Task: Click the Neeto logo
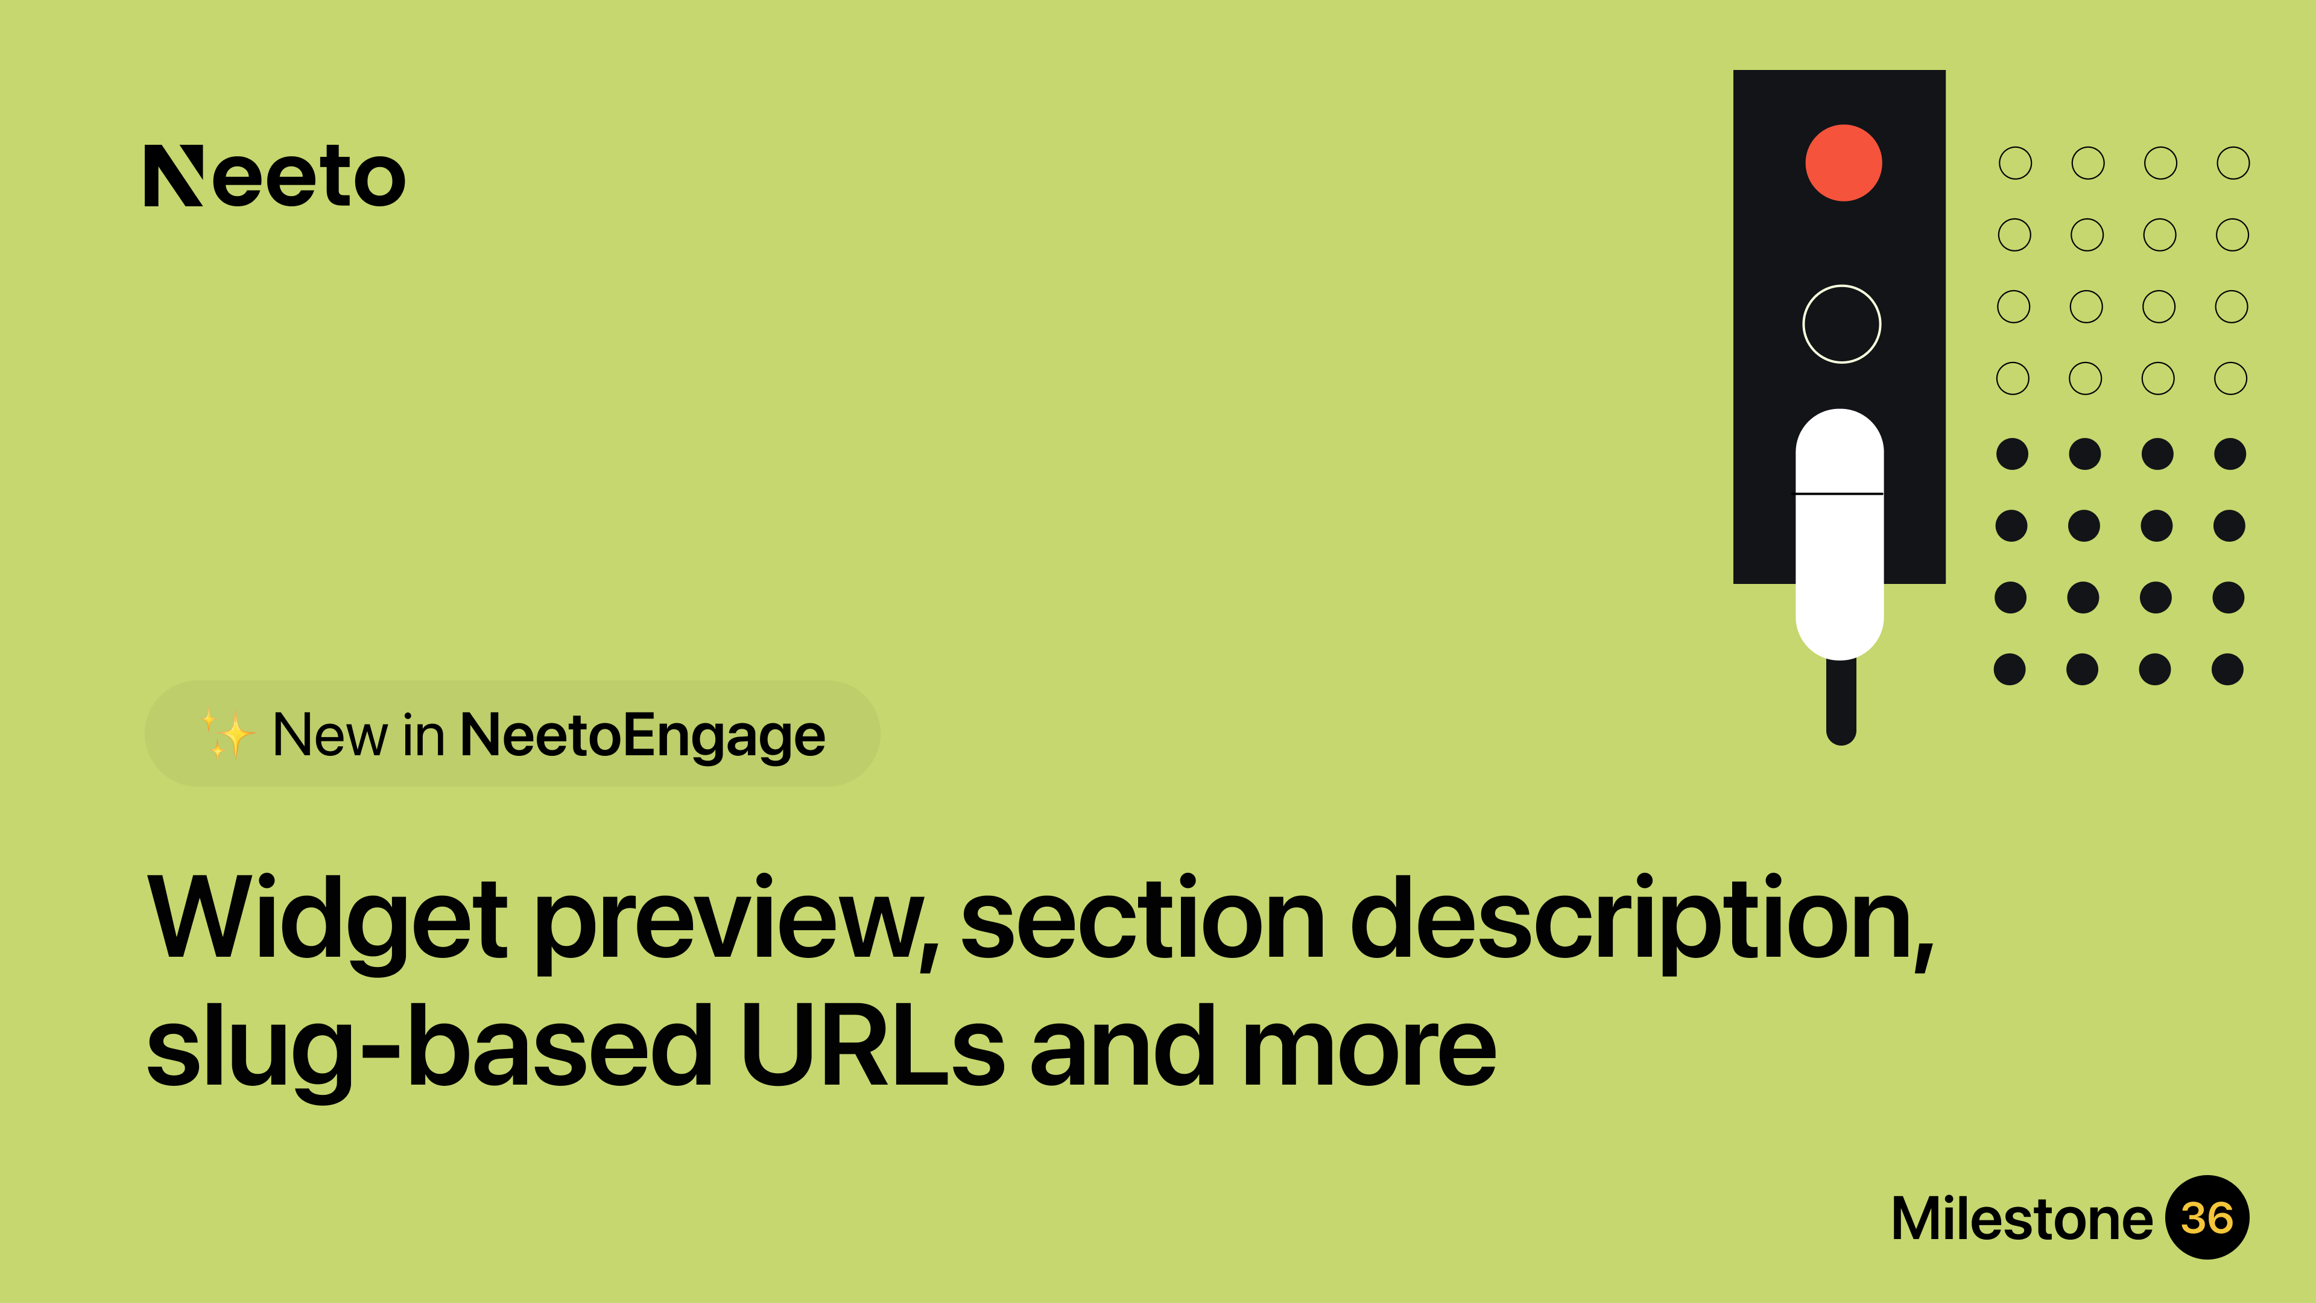click(x=275, y=176)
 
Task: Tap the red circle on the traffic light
click(x=1843, y=163)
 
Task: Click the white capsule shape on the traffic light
click(x=1840, y=534)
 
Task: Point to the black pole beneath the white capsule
click(x=1841, y=702)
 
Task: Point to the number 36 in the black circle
click(x=2207, y=1219)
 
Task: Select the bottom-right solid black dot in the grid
click(x=2227, y=669)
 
